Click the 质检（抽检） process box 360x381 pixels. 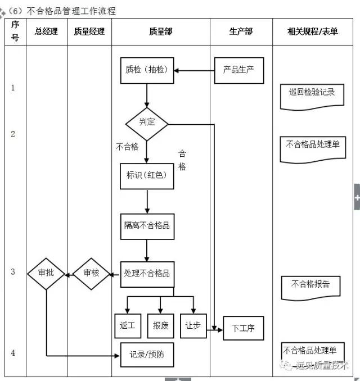[147, 70]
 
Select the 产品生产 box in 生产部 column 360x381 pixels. [239, 70]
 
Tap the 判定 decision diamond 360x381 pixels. [147, 121]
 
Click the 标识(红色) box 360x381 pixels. [147, 176]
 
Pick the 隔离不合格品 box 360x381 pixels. [147, 226]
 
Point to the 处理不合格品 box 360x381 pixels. [147, 274]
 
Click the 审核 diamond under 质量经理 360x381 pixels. [91, 274]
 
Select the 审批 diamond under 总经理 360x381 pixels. [46, 274]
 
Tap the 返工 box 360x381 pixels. [127, 325]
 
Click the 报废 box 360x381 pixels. [160, 325]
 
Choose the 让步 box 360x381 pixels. [193, 325]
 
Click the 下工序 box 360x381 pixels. [243, 328]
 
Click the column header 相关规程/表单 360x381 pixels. [313, 31]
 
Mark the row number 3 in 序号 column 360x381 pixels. [13, 272]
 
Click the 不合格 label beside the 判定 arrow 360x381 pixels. [127, 147]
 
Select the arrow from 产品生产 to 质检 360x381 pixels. [195, 71]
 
